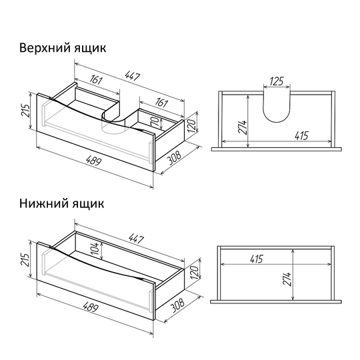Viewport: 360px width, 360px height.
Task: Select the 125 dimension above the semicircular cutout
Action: click(277, 81)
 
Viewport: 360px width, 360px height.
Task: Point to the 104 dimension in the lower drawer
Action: click(95, 249)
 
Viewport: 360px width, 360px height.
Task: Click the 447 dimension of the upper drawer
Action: click(133, 76)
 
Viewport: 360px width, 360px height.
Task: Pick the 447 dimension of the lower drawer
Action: click(136, 238)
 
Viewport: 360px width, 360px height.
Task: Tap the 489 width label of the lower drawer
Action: click(91, 307)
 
